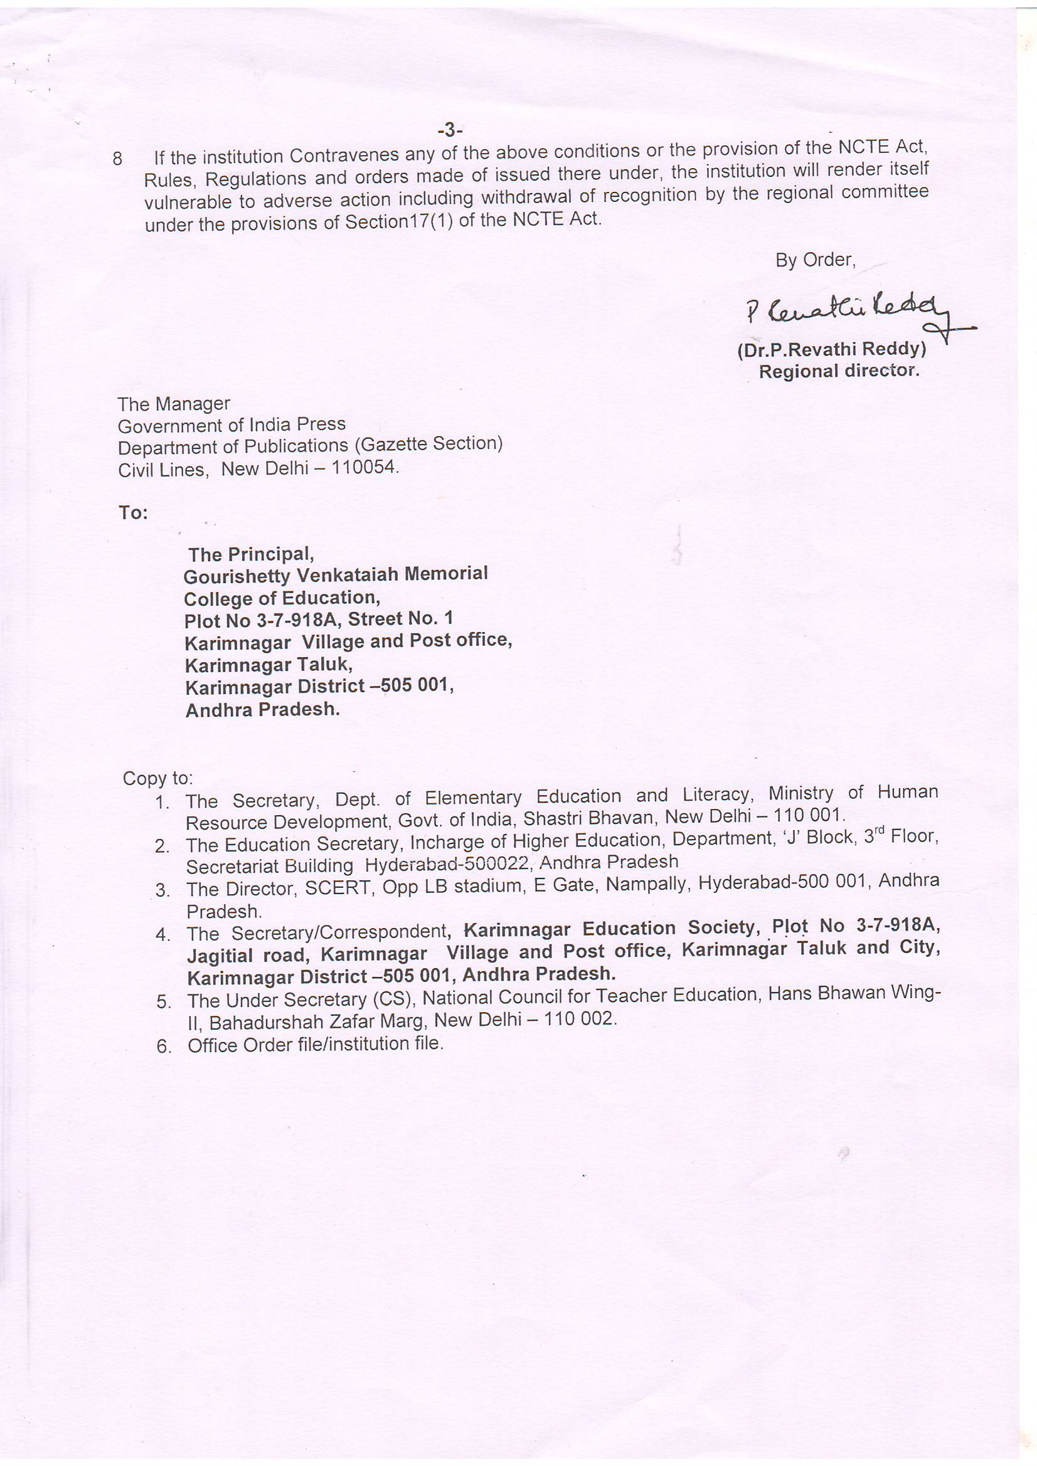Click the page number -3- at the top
[450, 130]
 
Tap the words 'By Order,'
[815, 260]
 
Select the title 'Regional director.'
[838, 371]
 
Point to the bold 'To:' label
[133, 513]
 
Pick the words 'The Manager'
[173, 404]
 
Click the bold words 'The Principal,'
[250, 554]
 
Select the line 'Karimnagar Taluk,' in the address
[269, 665]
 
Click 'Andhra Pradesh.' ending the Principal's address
[262, 709]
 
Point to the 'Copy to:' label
[157, 778]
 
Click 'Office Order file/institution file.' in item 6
[315, 1044]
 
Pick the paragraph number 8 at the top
[117, 159]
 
